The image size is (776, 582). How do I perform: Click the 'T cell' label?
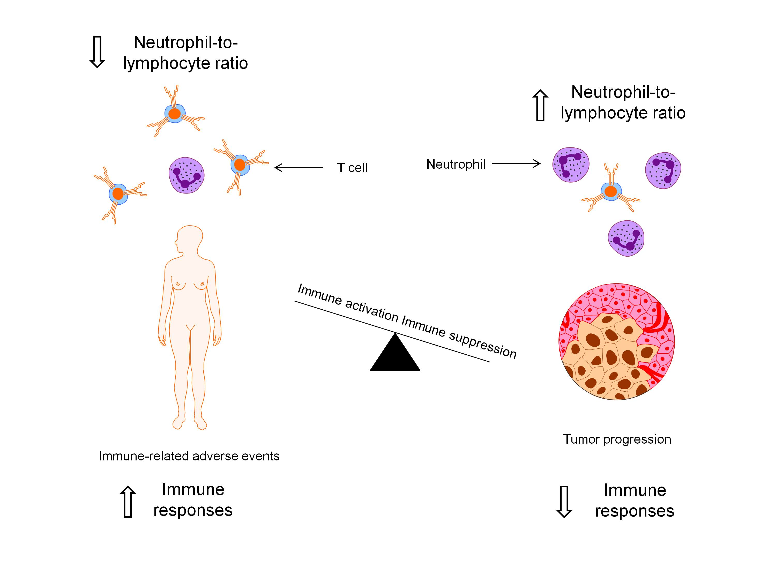click(x=352, y=168)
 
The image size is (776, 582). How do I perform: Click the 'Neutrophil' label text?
click(x=456, y=164)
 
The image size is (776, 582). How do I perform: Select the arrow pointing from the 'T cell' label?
click(x=298, y=168)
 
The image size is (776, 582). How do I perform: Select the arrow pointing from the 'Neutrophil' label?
click(x=516, y=163)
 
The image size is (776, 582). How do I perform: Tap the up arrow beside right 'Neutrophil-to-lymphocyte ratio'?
click(x=540, y=105)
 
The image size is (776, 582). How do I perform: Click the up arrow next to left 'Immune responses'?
click(x=128, y=502)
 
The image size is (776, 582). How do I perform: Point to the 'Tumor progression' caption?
click(x=617, y=439)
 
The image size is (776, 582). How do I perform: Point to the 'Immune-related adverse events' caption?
click(x=189, y=456)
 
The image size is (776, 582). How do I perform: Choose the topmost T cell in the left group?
click(x=175, y=113)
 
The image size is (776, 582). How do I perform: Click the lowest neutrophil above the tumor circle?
click(x=626, y=238)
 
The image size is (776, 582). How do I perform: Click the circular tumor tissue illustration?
click(x=616, y=342)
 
